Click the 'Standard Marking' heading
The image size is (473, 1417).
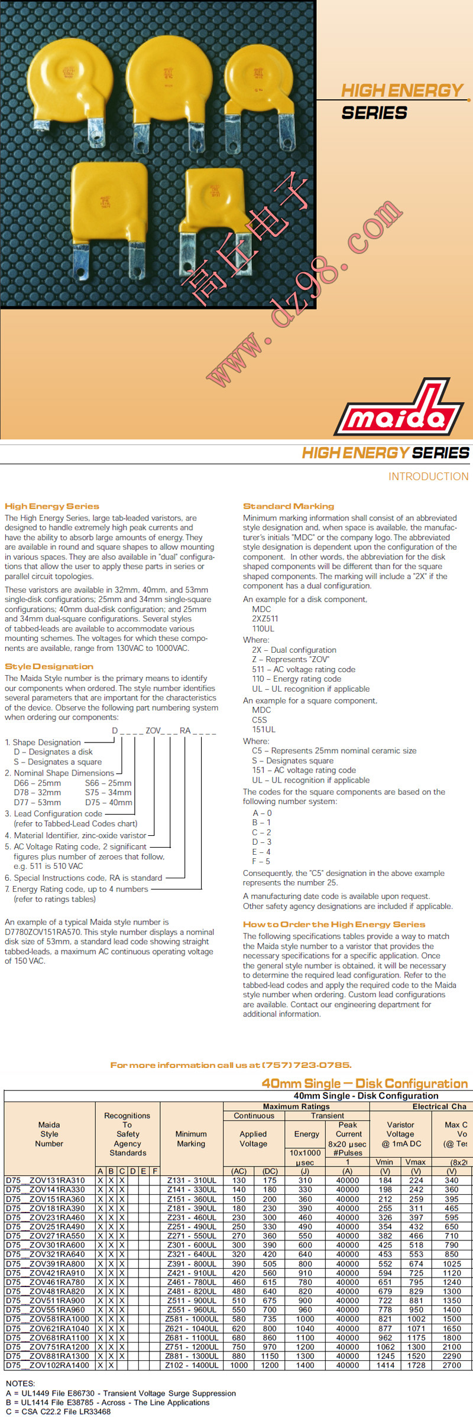coord(289,506)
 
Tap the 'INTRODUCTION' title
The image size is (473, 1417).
coord(428,477)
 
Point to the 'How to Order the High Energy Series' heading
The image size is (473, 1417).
coord(334,924)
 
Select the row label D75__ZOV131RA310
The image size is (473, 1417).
coord(46,1180)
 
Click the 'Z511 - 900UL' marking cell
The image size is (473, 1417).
coord(191,1301)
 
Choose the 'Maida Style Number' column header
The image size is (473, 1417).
coord(49,1134)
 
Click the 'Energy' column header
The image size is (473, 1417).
coord(306,1134)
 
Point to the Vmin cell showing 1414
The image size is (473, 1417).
coord(385,1365)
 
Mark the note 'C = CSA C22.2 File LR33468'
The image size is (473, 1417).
coord(58,1412)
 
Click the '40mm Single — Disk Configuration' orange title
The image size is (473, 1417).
coord(364,1084)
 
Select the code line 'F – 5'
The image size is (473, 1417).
coord(261,861)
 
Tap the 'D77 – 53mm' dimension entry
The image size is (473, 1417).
coord(37,802)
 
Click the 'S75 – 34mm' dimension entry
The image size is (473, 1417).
coord(108,793)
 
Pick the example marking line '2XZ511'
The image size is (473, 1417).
coord(265,619)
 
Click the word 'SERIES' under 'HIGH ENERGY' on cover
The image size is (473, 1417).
coord(374,113)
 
